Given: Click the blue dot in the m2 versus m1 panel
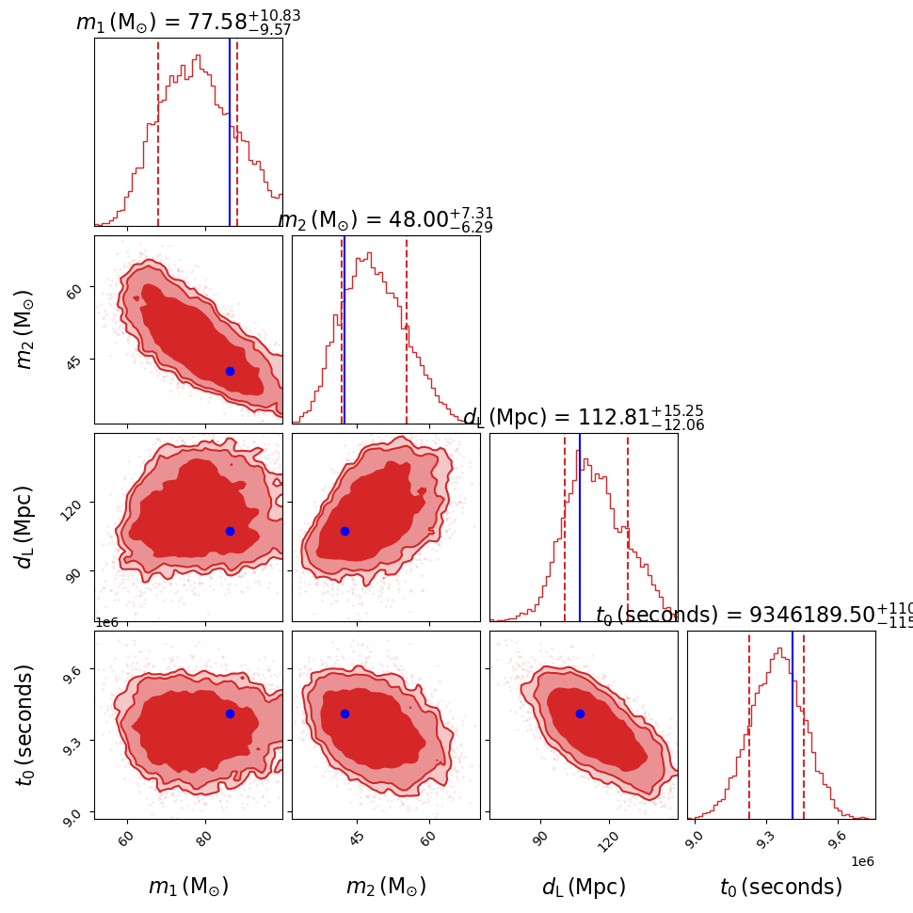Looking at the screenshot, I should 230,371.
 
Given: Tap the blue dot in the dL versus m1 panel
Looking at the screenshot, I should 230,531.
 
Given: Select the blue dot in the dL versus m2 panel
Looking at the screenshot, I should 344,531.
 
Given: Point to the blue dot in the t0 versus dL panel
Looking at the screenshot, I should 580,713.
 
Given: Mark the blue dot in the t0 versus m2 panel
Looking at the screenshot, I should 344,713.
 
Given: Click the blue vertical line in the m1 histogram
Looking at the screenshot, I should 230,132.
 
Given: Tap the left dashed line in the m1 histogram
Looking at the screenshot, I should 158,132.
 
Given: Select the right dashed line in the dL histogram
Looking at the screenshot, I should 628,527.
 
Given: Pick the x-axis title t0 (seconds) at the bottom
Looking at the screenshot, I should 781,887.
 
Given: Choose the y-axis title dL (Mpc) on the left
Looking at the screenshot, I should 25,527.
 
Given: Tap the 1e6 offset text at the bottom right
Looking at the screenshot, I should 863,861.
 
